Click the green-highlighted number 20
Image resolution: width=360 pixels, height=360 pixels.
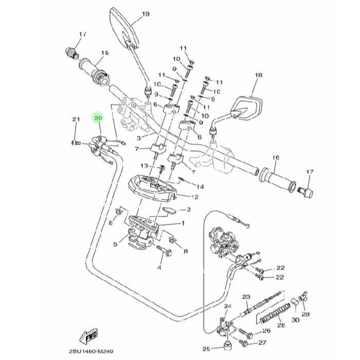(98, 118)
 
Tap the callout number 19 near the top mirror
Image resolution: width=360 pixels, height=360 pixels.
(146, 14)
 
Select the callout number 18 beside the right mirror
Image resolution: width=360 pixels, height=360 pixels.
(259, 75)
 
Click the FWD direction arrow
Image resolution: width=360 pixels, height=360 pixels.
(88, 336)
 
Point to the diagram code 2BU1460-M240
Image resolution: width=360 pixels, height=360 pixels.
(91, 351)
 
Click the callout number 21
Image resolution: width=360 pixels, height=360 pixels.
(76, 119)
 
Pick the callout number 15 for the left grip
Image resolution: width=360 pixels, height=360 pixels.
(105, 53)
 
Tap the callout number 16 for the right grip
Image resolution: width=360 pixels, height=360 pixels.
(276, 158)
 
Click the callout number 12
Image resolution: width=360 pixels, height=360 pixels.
(195, 197)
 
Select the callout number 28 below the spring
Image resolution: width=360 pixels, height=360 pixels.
(281, 325)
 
